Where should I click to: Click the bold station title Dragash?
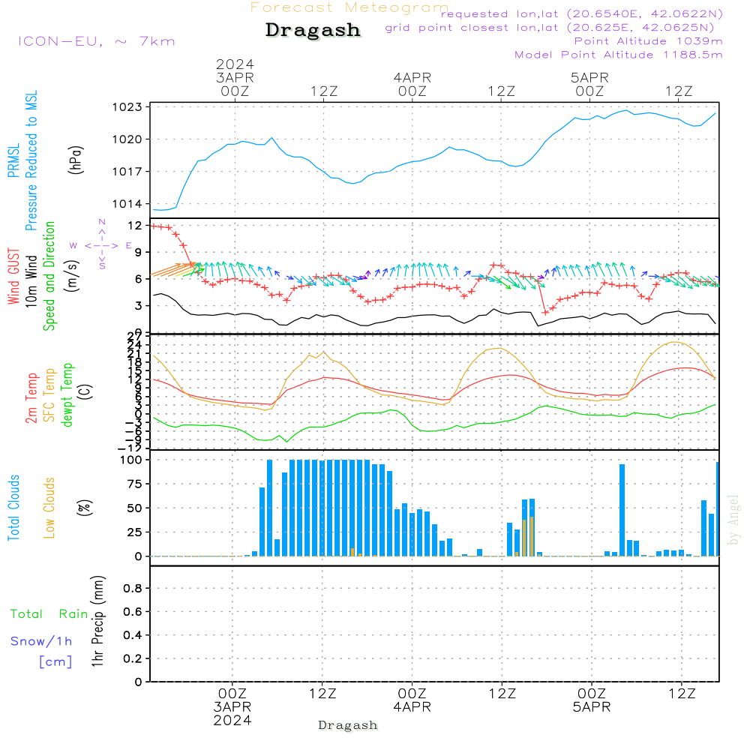tap(313, 30)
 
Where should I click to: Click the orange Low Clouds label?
tap(50, 508)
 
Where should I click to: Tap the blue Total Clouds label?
tap(14, 508)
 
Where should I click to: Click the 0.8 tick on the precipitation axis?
tap(132, 589)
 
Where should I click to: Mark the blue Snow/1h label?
tap(41, 641)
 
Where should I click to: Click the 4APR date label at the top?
tap(412, 77)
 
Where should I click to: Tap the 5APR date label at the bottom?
tap(591, 707)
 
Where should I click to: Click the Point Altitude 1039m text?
tap(648, 41)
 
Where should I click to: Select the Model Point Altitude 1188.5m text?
tap(618, 55)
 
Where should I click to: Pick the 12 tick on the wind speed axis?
tap(135, 225)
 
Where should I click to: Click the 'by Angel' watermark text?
tap(733, 520)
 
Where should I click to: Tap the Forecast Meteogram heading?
tap(349, 7)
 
